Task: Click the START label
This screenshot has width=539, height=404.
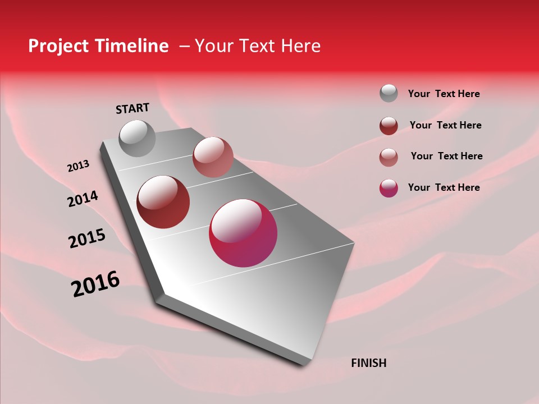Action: coord(133,108)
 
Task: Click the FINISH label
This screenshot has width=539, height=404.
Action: coord(368,363)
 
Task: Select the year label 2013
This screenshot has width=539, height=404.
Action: coord(79,166)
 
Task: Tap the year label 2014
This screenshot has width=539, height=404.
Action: coord(83,199)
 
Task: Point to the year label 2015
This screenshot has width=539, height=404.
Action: coord(87,238)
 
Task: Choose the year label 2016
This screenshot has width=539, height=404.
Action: coord(95,284)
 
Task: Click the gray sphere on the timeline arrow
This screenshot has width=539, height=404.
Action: coord(137,138)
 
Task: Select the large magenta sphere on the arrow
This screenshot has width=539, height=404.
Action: coord(243,233)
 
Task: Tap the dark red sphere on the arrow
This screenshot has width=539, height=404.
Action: coord(163,202)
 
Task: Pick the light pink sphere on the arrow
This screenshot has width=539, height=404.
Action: coord(213,157)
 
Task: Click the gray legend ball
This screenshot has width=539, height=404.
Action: coord(389,94)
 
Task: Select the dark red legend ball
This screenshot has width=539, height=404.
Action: coord(389,126)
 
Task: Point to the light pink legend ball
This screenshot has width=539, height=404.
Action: coord(389,157)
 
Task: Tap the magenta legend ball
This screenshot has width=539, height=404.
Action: coord(389,188)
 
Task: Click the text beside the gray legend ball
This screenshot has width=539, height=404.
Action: coord(444,94)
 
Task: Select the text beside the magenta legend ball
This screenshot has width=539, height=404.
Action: coord(444,187)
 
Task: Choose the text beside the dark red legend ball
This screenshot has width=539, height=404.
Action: coord(445,125)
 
